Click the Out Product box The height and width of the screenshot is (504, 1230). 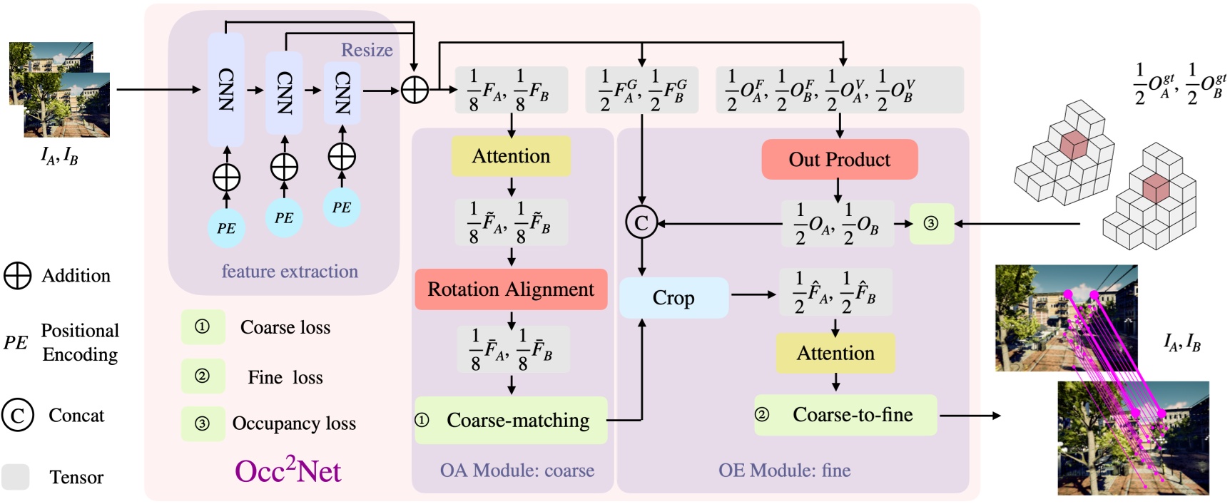pyautogui.click(x=839, y=160)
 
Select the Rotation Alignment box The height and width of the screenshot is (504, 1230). pyautogui.click(x=511, y=289)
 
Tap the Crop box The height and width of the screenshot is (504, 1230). pyautogui.click(x=673, y=298)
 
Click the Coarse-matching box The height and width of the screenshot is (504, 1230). pyautogui.click(x=511, y=421)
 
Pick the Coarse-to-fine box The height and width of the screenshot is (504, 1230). pyautogui.click(x=845, y=415)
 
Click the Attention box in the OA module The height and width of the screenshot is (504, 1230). pyautogui.click(x=511, y=157)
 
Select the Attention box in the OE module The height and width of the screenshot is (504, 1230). pyautogui.click(x=835, y=353)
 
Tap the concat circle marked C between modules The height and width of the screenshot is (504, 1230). pyautogui.click(x=641, y=223)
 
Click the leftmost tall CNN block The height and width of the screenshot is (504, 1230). pyautogui.click(x=225, y=90)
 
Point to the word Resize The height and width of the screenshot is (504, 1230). pyautogui.click(x=367, y=50)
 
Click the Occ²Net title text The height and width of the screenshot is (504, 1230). pyautogui.click(x=288, y=470)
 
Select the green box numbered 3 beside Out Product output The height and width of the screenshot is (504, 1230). pyautogui.click(x=931, y=224)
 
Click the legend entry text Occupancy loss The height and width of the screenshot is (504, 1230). pyautogui.click(x=294, y=423)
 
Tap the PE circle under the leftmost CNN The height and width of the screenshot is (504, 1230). pyautogui.click(x=226, y=228)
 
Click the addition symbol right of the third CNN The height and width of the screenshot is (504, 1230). pyautogui.click(x=415, y=90)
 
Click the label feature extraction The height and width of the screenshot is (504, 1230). pyautogui.click(x=290, y=272)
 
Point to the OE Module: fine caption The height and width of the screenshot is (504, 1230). pyautogui.click(x=784, y=470)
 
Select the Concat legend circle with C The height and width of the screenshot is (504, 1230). pyautogui.click(x=18, y=415)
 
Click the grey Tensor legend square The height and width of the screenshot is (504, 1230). pyautogui.click(x=16, y=477)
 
